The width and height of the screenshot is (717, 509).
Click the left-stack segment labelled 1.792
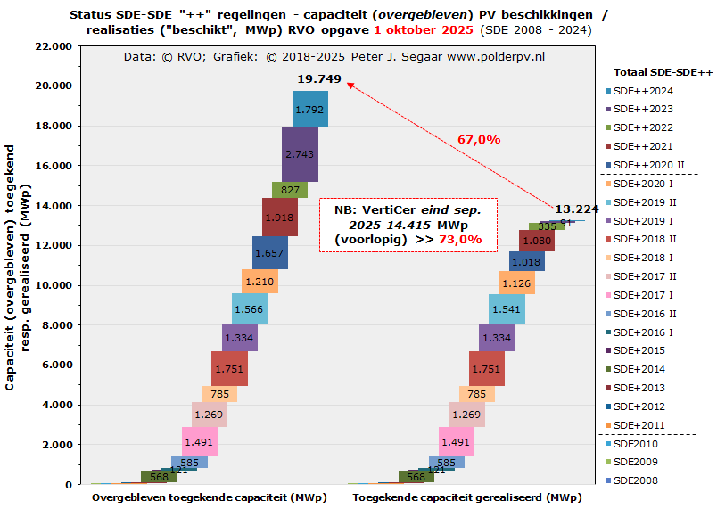point(309,109)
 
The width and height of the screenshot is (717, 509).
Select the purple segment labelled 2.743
point(299,154)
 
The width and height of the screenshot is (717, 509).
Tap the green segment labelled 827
point(290,189)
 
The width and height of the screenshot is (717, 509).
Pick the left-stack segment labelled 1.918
point(280,217)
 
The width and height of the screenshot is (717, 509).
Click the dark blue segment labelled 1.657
point(269,253)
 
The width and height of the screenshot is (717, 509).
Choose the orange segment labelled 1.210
point(260,282)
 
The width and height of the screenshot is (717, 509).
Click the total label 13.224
point(576,209)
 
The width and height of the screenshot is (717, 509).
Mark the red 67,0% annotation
point(479,139)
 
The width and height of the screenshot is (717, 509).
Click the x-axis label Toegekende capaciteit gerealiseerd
point(466,497)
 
